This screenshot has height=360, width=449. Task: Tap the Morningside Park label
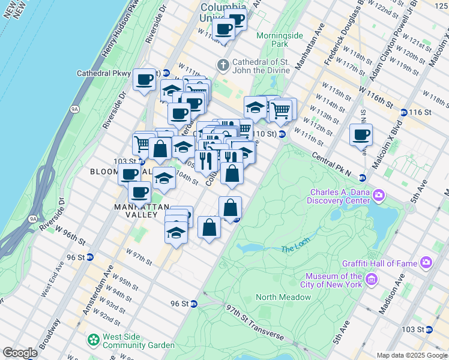279,40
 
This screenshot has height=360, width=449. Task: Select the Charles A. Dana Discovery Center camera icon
379,195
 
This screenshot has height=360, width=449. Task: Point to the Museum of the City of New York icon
370,279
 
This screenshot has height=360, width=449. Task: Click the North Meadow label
283,297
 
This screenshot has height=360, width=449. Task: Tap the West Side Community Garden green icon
93,340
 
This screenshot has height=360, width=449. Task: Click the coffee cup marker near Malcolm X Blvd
361,135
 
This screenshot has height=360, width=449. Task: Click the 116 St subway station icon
404,112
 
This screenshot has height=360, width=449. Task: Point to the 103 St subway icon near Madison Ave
429,329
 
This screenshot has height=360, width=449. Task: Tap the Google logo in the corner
20,353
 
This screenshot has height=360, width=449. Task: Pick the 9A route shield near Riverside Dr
75,109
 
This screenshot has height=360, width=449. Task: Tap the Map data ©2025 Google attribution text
412,355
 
